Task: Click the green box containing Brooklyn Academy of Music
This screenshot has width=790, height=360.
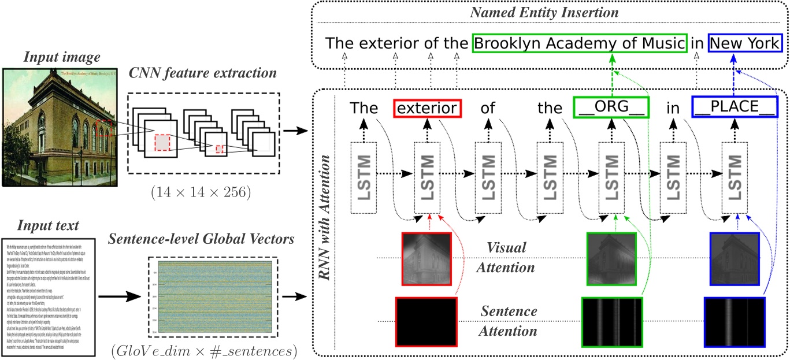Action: tap(580, 44)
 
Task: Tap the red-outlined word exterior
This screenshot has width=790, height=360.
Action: tap(428, 108)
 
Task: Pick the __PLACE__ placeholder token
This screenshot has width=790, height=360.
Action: tap(733, 108)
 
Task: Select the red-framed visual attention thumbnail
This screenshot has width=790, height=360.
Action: tap(426, 259)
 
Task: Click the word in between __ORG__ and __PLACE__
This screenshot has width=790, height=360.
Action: tap(672, 108)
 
